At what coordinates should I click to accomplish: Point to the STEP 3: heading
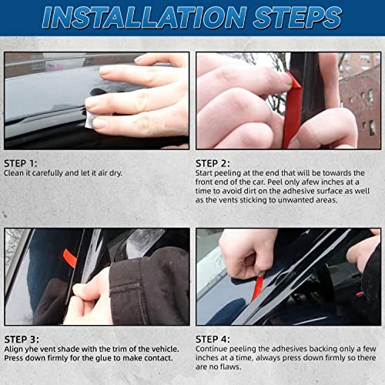22,338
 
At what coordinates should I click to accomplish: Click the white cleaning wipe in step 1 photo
91,117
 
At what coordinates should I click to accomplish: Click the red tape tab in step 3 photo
70,258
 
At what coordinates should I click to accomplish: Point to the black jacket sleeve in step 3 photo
146,285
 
